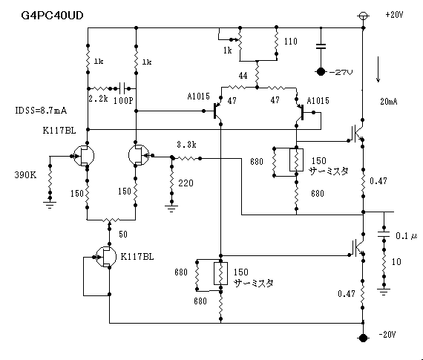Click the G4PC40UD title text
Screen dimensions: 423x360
pyautogui.click(x=52, y=16)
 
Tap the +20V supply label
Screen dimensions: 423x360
pyautogui.click(x=394, y=15)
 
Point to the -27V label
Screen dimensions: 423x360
pyautogui.click(x=341, y=72)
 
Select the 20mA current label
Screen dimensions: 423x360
pyautogui.click(x=389, y=102)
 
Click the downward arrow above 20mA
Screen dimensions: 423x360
pyautogui.click(x=378, y=69)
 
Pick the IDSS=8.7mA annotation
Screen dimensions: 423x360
pyautogui.click(x=41, y=111)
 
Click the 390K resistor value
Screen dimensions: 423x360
pyautogui.click(x=25, y=175)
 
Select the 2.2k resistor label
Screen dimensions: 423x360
pyautogui.click(x=98, y=99)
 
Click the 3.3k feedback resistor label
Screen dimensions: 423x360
pyautogui.click(x=186, y=145)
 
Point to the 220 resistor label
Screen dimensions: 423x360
pyautogui.click(x=186, y=183)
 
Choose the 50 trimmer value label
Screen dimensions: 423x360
pyautogui.click(x=123, y=235)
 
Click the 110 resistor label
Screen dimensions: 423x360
pyautogui.click(x=291, y=42)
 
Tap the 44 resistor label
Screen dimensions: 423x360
pyautogui.click(x=243, y=76)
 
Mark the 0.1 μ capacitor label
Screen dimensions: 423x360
pyautogui.click(x=406, y=236)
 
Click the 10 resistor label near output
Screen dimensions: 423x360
pyautogui.click(x=396, y=261)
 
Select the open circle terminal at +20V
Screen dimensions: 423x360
pyautogui.click(x=363, y=16)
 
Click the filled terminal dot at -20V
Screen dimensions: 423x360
pyautogui.click(x=363, y=338)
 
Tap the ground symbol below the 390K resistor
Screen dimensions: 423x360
pyautogui.click(x=50, y=205)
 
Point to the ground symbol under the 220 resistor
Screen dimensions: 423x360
pyautogui.click(x=171, y=209)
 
